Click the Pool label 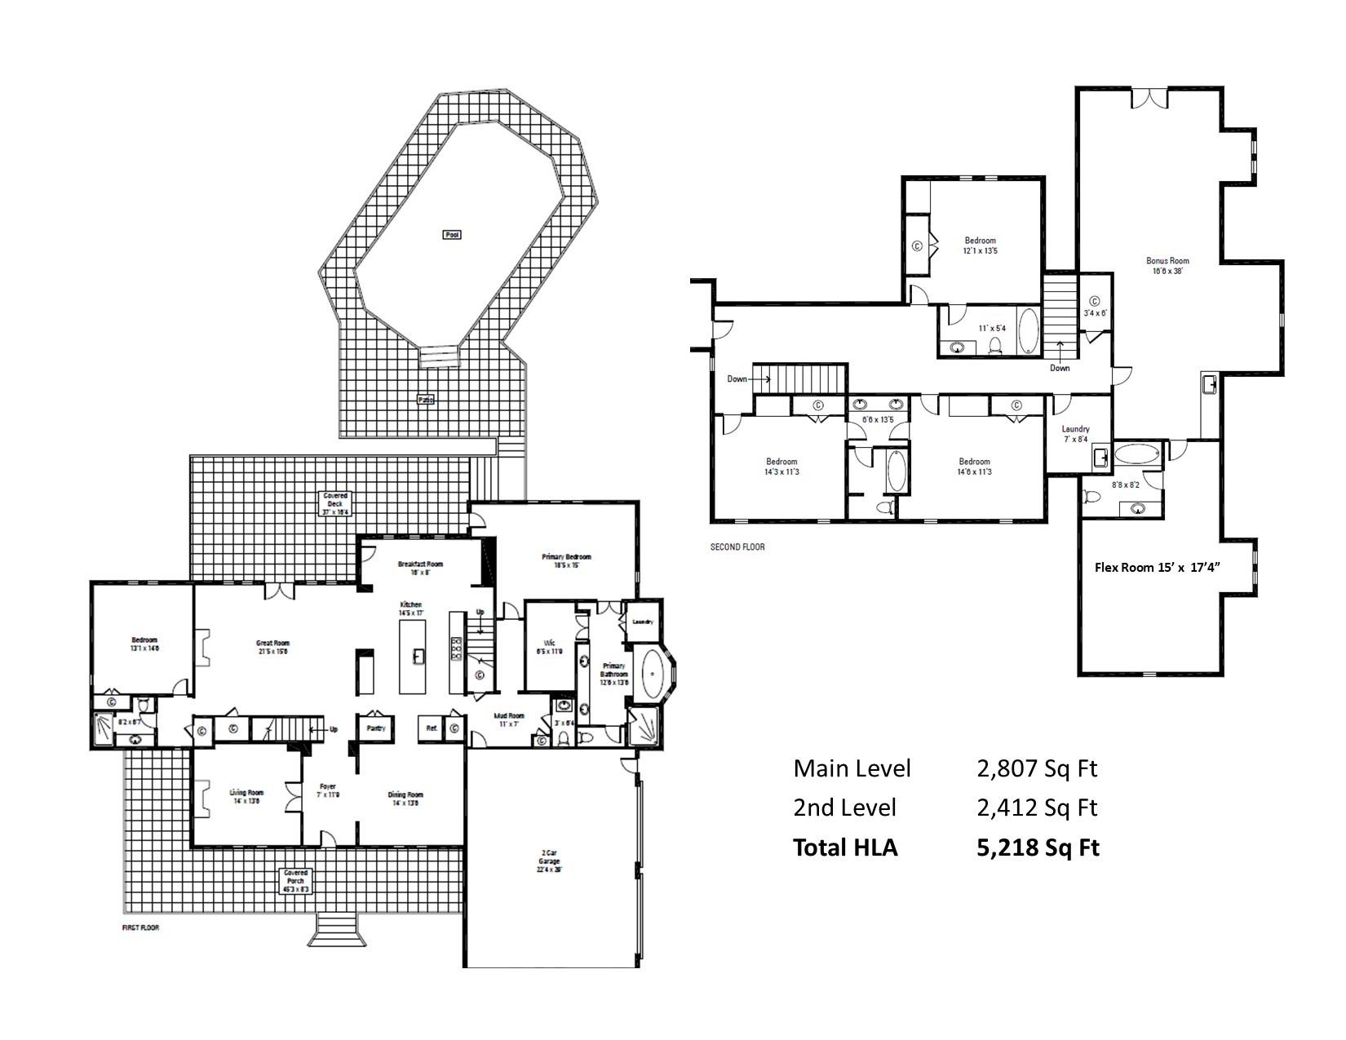point(452,235)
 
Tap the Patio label point(425,400)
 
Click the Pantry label point(376,728)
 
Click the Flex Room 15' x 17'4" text point(1167,568)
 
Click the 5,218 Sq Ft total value point(1038,847)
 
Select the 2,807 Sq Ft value point(1037,768)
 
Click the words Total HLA point(845,847)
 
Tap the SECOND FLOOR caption point(737,547)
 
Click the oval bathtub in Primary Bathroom point(653,675)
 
